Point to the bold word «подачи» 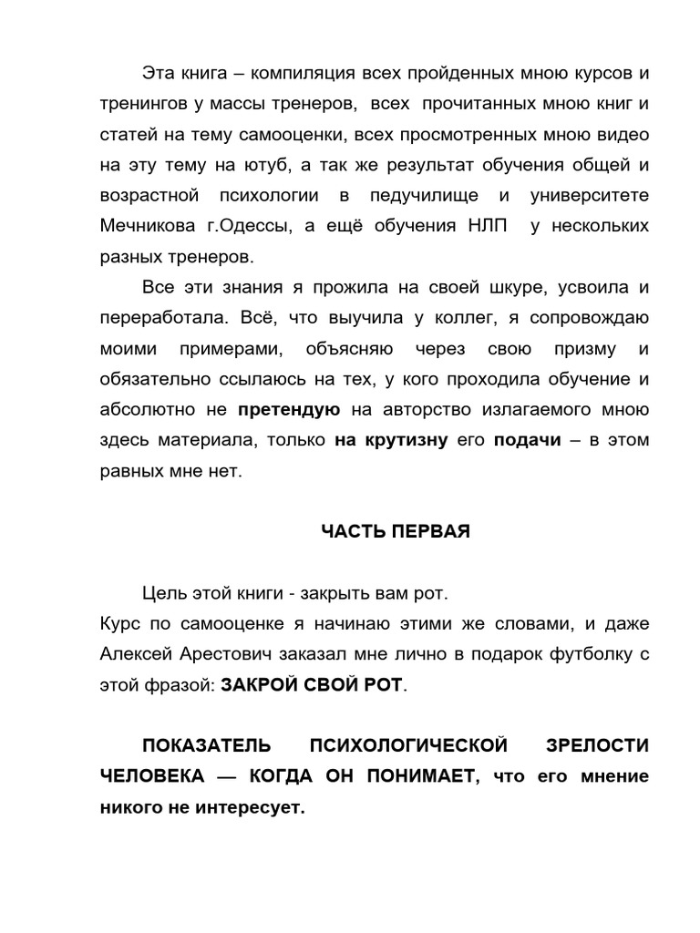(527, 441)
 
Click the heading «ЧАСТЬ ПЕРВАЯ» (396, 532)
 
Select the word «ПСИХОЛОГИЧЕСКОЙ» (408, 746)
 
